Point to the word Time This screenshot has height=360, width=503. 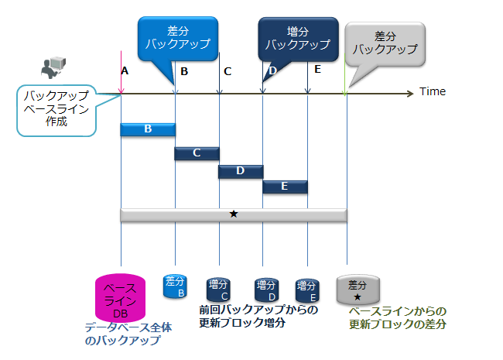(x=433, y=91)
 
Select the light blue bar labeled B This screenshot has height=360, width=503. (x=148, y=129)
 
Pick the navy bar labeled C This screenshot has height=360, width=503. (x=197, y=153)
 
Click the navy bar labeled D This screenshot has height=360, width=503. (x=240, y=171)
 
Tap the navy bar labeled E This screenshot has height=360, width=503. (x=285, y=187)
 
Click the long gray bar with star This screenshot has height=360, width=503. (x=233, y=214)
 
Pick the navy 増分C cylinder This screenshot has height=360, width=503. (x=219, y=290)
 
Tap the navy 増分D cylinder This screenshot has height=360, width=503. (x=265, y=290)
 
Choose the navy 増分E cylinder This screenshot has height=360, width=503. (x=308, y=290)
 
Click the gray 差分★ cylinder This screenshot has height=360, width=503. (x=358, y=290)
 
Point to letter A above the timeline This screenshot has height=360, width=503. (x=125, y=70)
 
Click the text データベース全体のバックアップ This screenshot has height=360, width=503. (x=128, y=334)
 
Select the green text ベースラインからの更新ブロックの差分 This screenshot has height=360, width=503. (x=398, y=317)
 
